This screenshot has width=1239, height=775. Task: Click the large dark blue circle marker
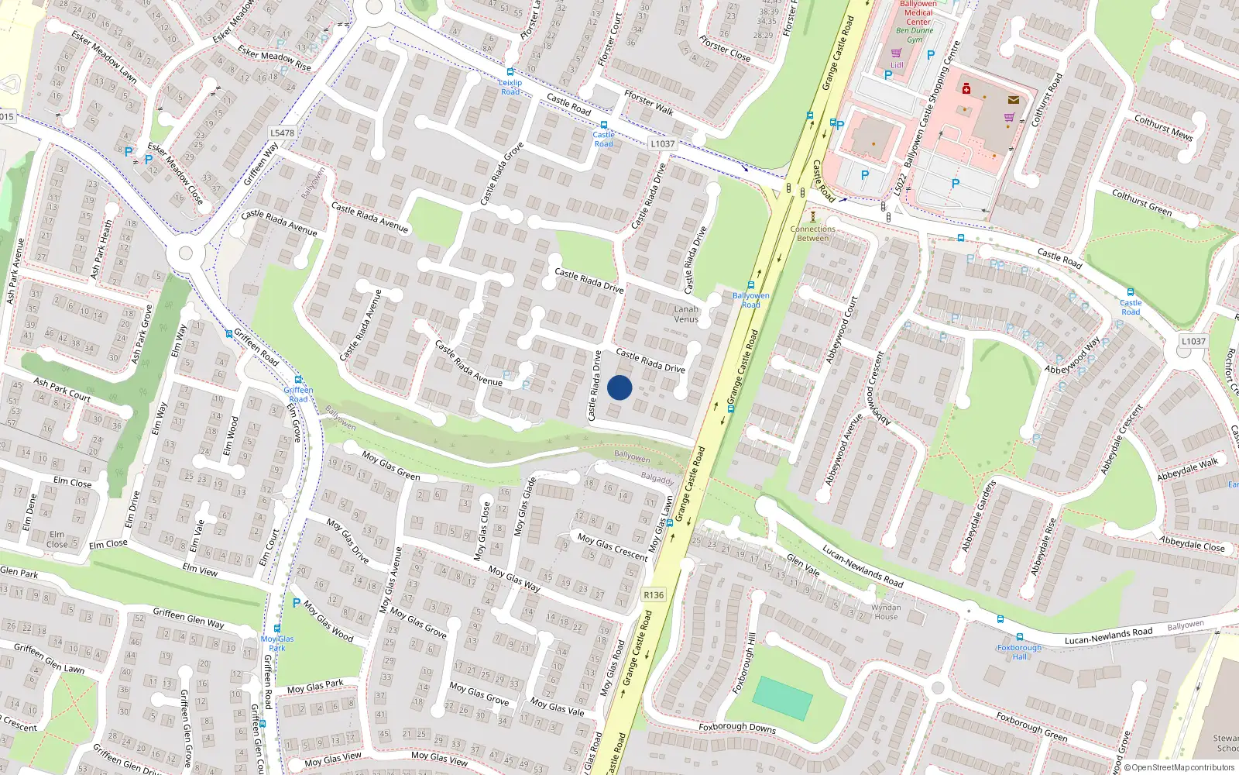[619, 387]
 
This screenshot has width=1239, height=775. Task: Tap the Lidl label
[897, 65]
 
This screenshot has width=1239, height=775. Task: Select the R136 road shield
[654, 595]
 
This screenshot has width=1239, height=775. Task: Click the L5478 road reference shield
[283, 133]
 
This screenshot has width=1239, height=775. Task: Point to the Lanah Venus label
[686, 314]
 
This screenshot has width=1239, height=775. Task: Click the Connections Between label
[813, 233]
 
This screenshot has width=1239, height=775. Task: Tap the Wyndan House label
[886, 612]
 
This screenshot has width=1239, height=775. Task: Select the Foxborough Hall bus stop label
[1019, 652]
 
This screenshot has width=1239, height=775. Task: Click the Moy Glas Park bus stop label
[277, 643]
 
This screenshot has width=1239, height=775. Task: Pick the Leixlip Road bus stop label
[510, 87]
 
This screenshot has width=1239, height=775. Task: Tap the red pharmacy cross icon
[966, 89]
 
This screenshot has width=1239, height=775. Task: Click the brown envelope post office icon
[1014, 99]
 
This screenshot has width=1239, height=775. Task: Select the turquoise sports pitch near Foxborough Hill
[782, 697]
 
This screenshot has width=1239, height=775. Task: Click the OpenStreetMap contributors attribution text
[1179, 768]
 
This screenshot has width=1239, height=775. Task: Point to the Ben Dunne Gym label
[915, 35]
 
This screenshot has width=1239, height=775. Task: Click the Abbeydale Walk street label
[1188, 469]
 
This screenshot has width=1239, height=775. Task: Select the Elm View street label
[200, 570]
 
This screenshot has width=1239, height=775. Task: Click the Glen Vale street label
[803, 565]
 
